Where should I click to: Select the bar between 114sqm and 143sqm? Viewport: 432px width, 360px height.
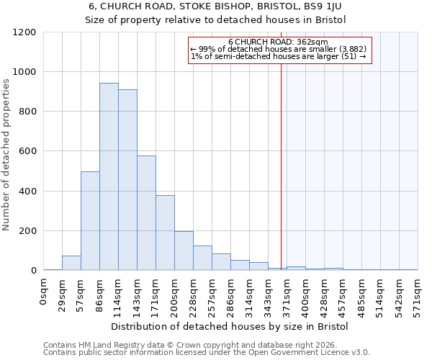click(127, 180)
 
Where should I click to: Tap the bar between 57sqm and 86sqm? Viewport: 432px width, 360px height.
click(90, 221)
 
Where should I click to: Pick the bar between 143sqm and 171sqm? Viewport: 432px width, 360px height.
click(146, 213)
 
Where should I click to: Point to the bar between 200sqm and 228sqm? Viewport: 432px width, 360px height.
click(184, 251)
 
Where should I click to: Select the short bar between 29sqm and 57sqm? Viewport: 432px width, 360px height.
click(71, 263)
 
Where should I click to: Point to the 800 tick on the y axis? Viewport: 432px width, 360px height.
click(27, 112)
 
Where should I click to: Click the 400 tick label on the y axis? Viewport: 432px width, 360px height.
click(27, 192)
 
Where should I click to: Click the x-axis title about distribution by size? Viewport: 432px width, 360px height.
click(230, 326)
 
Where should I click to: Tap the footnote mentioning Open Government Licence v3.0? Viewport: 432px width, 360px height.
click(206, 353)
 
